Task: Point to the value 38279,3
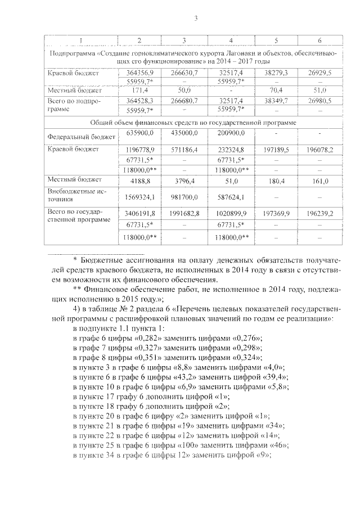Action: (276, 73)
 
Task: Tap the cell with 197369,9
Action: (276, 214)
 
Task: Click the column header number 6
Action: (319, 40)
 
